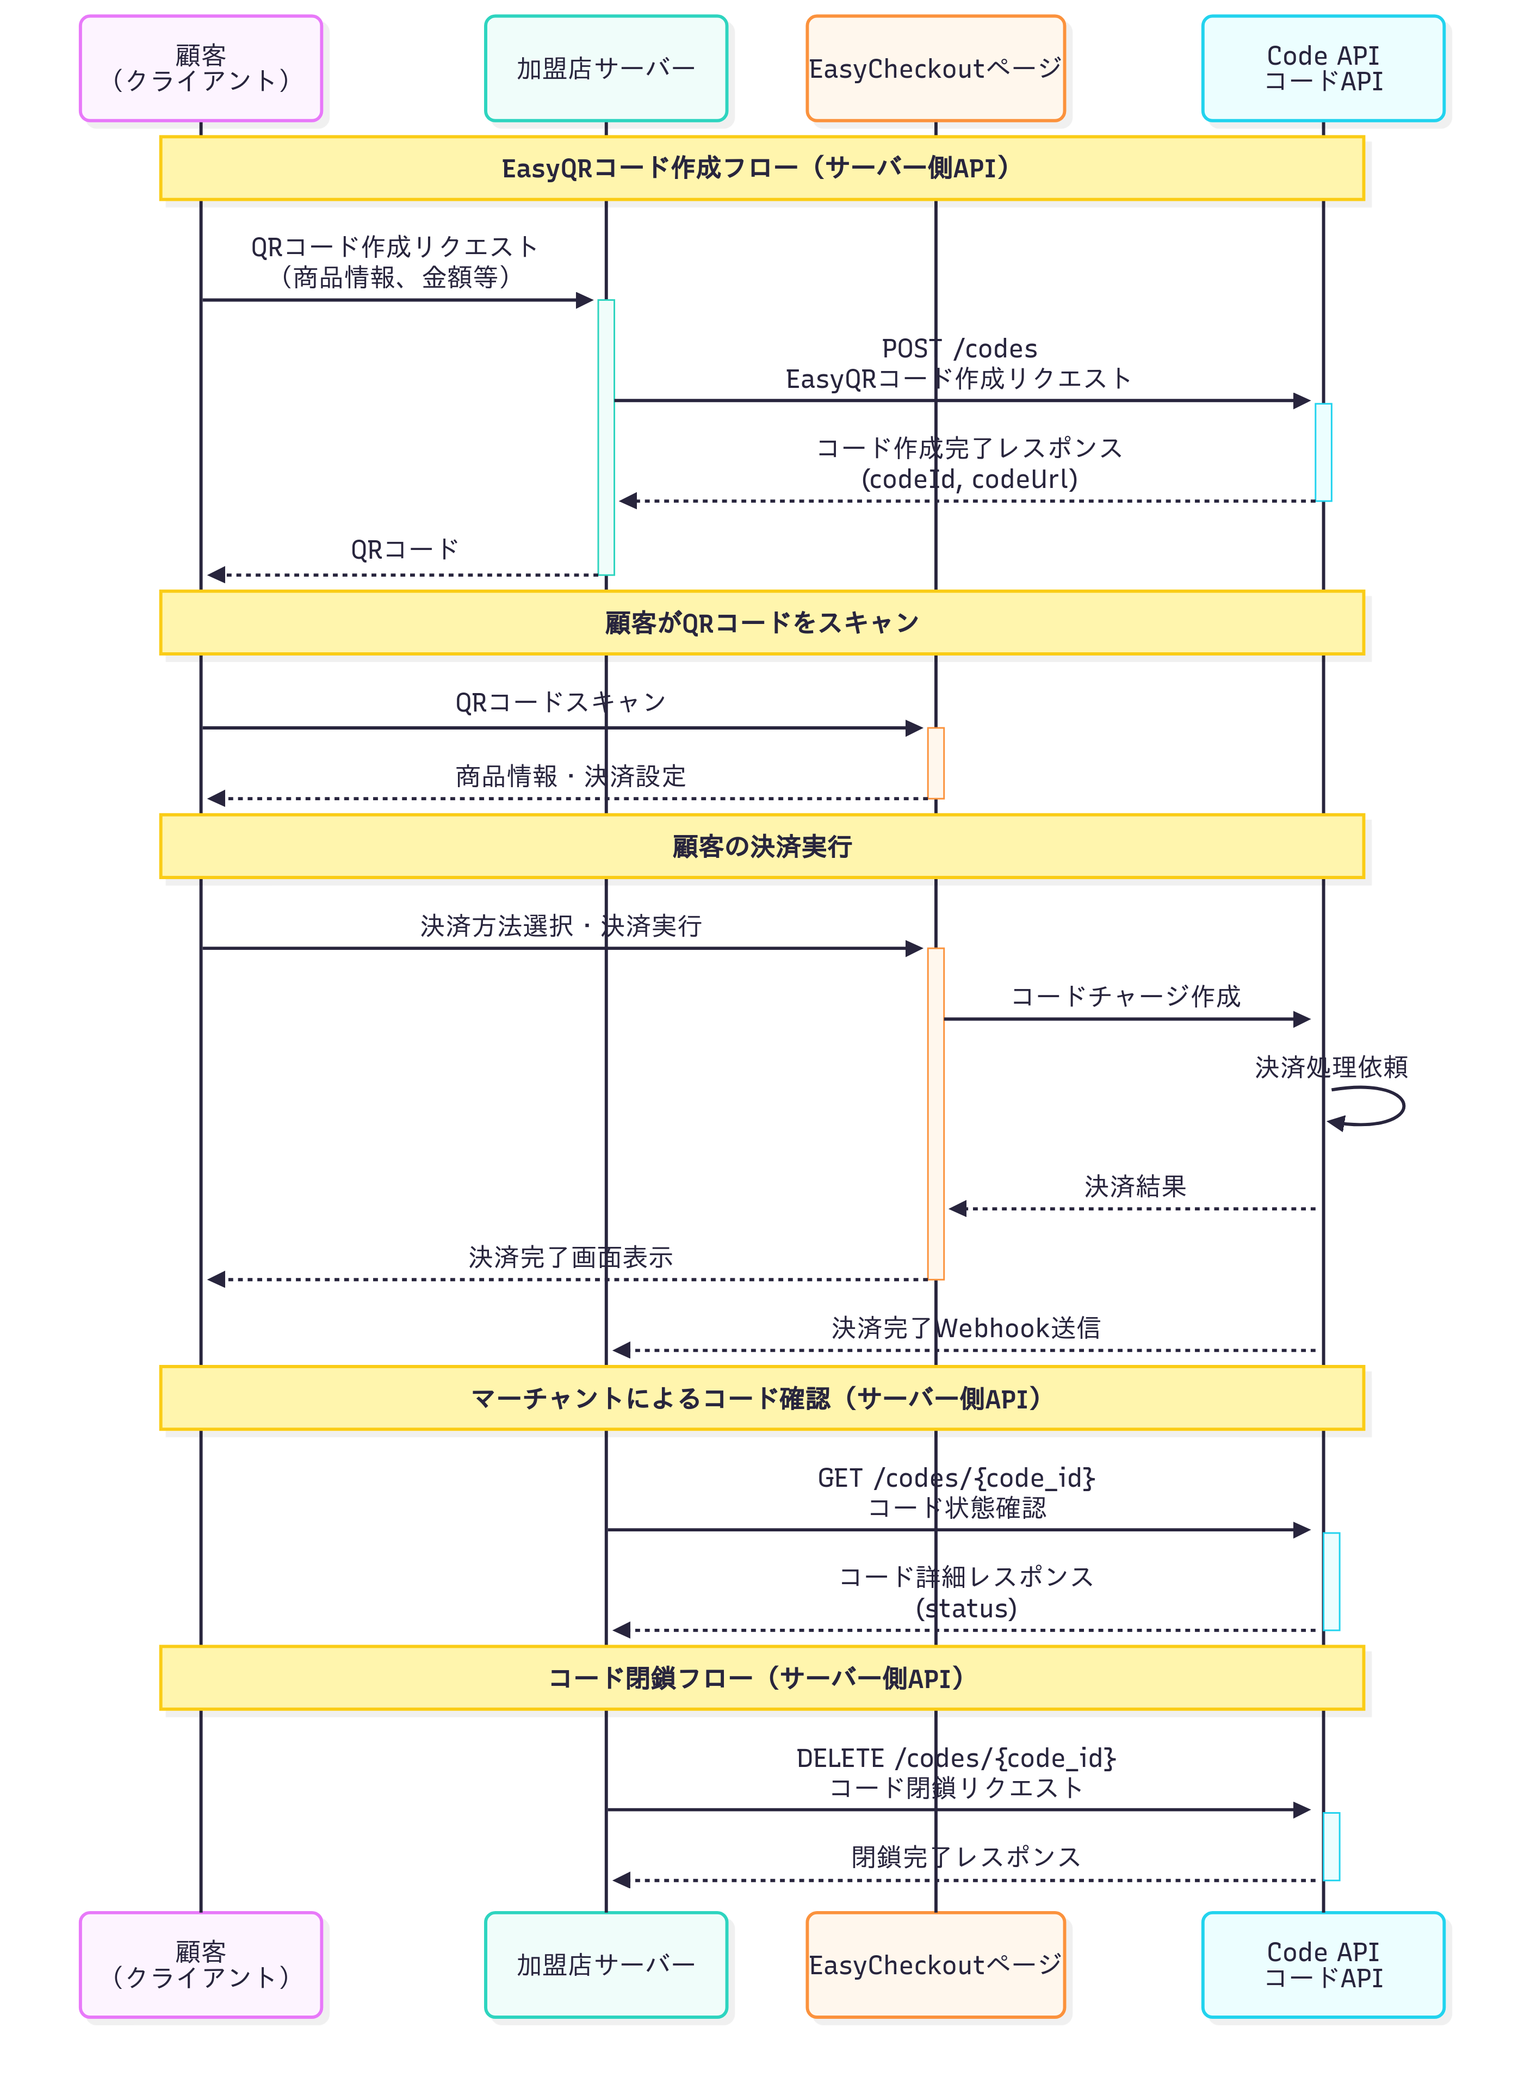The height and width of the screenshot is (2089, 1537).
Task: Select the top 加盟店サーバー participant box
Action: point(606,68)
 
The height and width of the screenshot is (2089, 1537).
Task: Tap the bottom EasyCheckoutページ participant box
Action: point(935,1964)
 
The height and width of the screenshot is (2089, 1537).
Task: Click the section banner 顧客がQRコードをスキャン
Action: point(761,622)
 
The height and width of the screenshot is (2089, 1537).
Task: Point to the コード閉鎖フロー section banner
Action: point(761,1678)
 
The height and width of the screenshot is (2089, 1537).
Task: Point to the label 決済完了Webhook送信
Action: point(966,1328)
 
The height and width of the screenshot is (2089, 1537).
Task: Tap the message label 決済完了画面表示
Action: point(571,1257)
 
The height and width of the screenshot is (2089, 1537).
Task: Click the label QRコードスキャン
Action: point(560,702)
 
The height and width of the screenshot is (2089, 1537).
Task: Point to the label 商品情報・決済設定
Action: point(571,776)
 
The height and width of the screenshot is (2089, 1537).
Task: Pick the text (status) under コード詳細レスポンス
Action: point(966,1608)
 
